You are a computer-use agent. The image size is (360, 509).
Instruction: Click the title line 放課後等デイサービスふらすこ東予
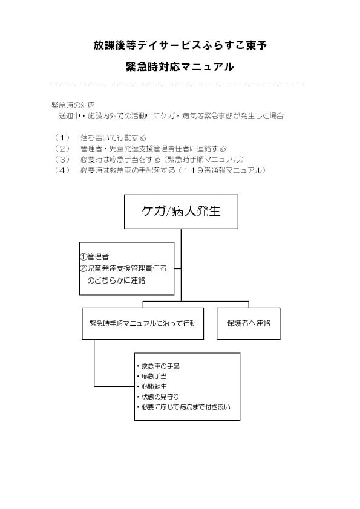coord(180,45)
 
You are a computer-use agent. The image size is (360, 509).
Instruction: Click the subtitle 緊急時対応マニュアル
coord(180,67)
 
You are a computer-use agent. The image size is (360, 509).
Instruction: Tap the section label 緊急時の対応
coord(73,105)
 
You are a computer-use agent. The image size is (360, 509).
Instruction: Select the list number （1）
coord(62,138)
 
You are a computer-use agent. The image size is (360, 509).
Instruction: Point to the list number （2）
coord(62,149)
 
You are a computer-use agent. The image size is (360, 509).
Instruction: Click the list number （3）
coord(62,160)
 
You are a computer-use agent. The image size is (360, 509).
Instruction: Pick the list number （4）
coord(62,170)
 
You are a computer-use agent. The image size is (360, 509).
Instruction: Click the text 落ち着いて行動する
coord(113,138)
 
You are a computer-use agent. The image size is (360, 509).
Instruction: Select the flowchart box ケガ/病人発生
coord(181,212)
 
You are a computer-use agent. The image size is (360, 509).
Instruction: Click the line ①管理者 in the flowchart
coord(94,257)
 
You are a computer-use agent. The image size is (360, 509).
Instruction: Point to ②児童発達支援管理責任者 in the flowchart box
coord(123,268)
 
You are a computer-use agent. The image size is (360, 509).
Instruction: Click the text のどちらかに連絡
coord(116,280)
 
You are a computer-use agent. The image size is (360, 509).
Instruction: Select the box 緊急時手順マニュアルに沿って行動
coord(143,323)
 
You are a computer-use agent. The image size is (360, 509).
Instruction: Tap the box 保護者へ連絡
coord(249,323)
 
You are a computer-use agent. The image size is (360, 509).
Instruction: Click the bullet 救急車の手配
coord(159,366)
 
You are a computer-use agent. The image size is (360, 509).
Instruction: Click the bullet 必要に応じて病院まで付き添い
coord(184,407)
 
